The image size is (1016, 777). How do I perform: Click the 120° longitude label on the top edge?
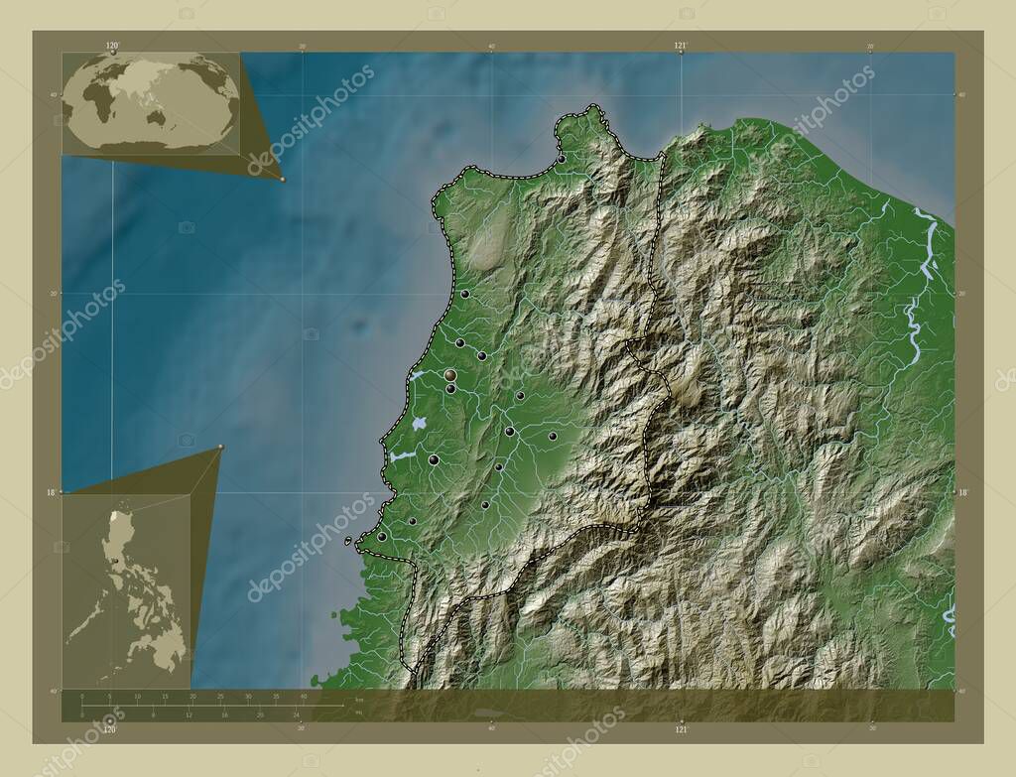tap(112, 45)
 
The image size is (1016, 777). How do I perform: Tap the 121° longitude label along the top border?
tap(681, 45)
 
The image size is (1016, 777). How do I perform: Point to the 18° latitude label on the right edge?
tap(961, 491)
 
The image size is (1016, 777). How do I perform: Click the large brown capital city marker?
tap(450, 375)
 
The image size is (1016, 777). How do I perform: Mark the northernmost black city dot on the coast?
tap(561, 159)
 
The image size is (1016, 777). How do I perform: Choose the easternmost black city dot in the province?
tap(553, 436)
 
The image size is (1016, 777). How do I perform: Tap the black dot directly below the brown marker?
tap(450, 389)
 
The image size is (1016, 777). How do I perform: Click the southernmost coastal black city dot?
tap(382, 536)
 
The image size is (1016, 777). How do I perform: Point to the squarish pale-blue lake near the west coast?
tap(419, 423)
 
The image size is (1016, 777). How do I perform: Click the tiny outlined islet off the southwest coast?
tap(348, 542)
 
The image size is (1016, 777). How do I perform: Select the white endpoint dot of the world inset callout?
tap(283, 180)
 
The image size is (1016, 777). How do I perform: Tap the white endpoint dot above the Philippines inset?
tap(220, 448)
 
